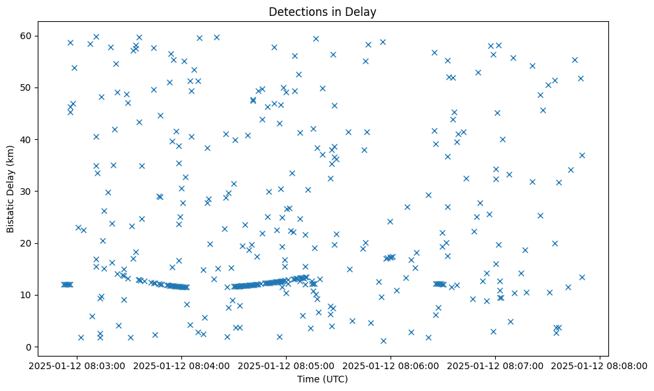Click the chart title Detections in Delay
pos(322,12)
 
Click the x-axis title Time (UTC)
pos(322,379)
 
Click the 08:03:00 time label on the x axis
pos(77,365)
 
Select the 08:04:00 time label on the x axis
pos(181,365)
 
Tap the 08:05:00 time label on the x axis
pos(286,365)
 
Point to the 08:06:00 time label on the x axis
pos(391,365)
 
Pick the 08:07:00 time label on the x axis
pos(495,365)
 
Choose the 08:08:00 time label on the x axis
pos(600,365)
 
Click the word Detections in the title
pos(296,12)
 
